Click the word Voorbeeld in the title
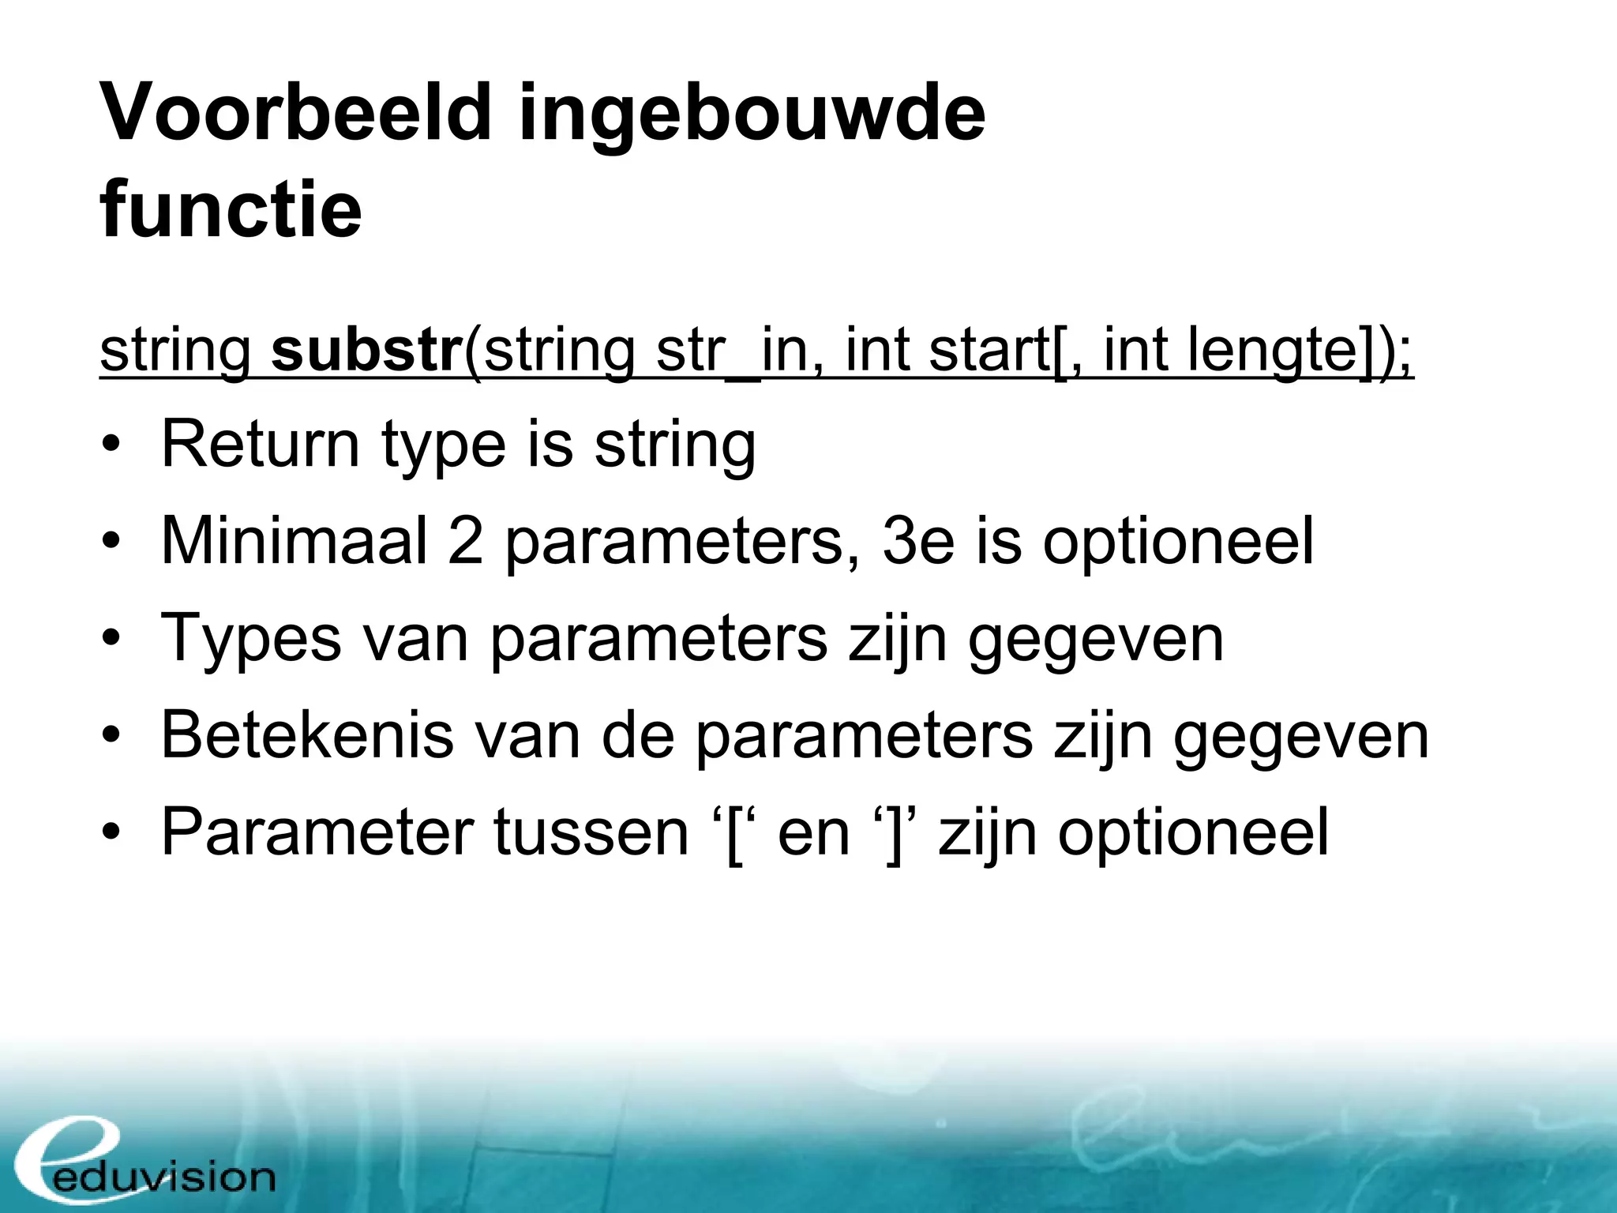(296, 113)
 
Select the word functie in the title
(231, 209)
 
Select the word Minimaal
(294, 541)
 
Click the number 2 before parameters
(465, 541)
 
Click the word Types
(251, 638)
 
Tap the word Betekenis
(306, 736)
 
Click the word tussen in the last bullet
(591, 833)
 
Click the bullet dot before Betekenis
(112, 736)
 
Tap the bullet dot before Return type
(112, 445)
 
